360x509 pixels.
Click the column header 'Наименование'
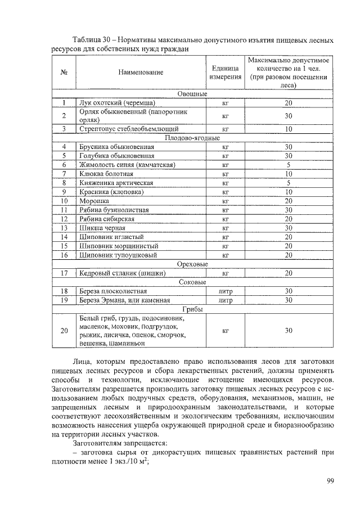click(x=141, y=72)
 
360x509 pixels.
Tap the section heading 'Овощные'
click(x=192, y=94)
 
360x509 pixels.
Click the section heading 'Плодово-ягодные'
click(x=192, y=138)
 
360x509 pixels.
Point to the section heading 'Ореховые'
click(x=192, y=264)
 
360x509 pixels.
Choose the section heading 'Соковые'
click(x=192, y=282)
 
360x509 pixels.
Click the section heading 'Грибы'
click(x=192, y=309)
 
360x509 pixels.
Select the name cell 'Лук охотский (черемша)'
click(x=117, y=103)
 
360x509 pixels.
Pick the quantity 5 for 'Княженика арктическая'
click(x=288, y=183)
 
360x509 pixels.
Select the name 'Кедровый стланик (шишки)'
click(x=122, y=273)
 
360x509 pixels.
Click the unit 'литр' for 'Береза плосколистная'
click(x=224, y=291)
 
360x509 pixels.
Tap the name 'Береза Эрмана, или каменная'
click(x=124, y=300)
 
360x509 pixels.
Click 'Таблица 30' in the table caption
click(x=93, y=41)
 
